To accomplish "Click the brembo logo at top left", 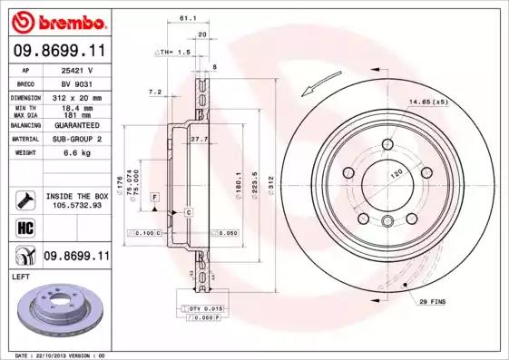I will click(56, 21).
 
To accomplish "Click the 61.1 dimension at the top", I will click(188, 17).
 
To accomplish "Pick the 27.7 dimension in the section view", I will click(200, 138).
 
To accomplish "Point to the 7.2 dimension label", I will click(154, 92).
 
